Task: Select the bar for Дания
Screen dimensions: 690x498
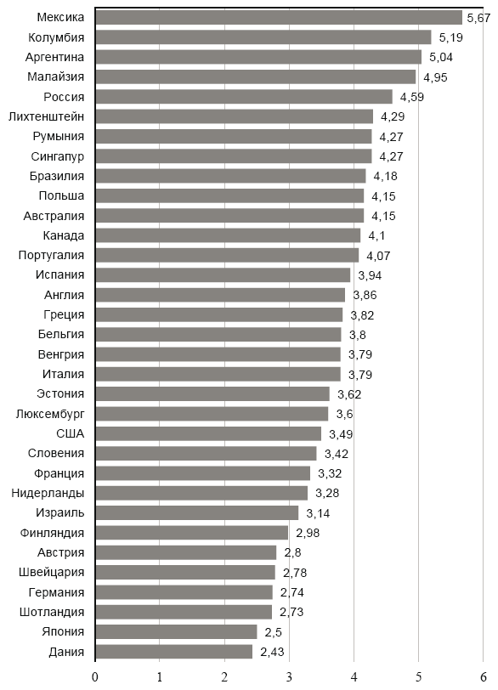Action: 173,651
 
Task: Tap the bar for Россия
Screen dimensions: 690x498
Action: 243,96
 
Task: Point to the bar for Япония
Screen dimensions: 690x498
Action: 175,631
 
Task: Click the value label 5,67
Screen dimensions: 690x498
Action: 477,18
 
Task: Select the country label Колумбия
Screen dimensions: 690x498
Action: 56,37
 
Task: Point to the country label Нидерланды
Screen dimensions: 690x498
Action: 48,493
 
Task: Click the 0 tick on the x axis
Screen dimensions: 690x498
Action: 95,676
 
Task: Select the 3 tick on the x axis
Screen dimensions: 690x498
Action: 289,676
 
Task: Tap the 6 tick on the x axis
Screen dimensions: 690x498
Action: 483,676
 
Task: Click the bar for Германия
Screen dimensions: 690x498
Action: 184,592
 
